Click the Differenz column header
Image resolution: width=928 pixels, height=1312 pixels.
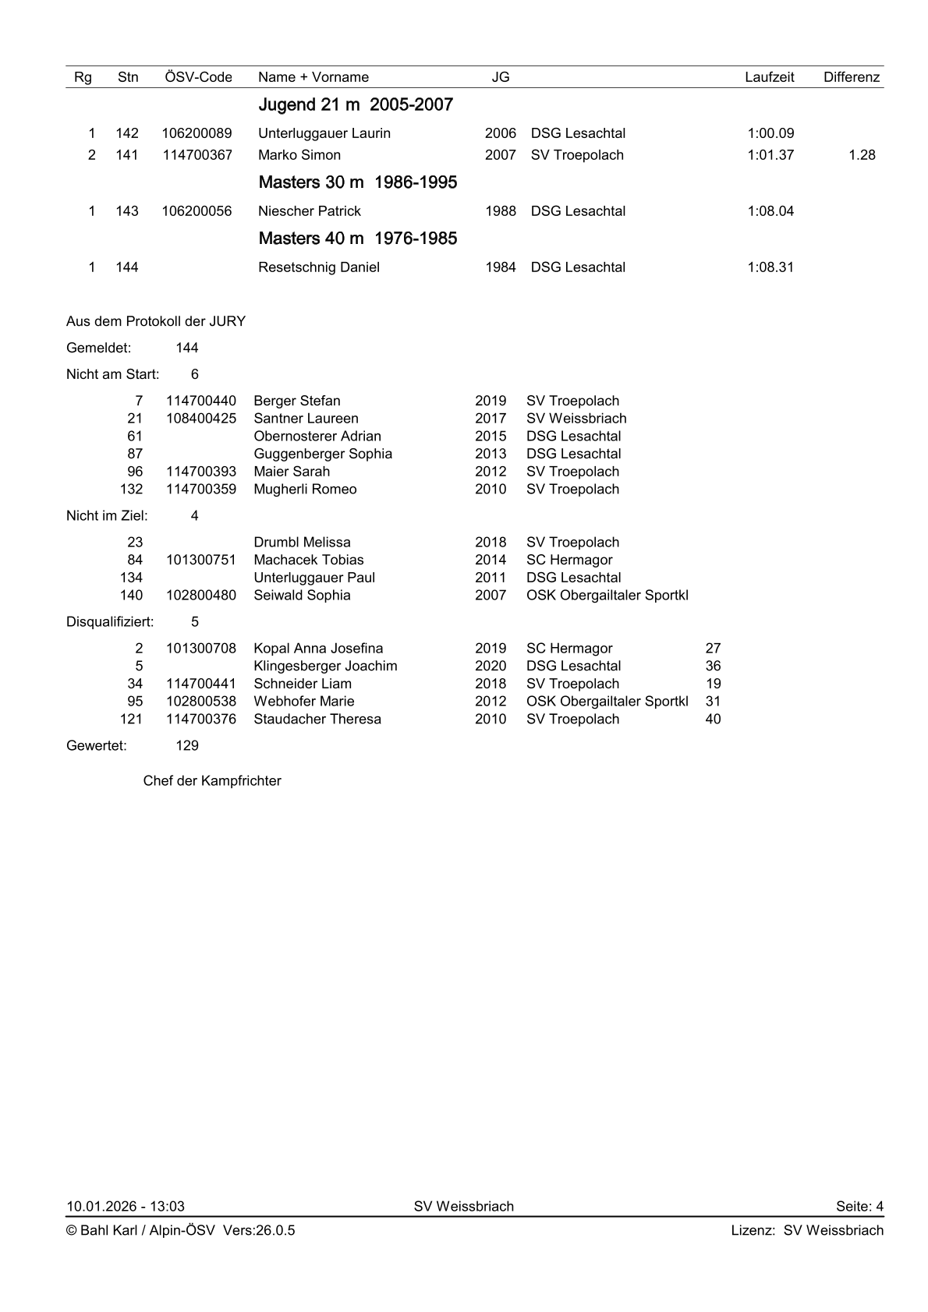click(x=851, y=77)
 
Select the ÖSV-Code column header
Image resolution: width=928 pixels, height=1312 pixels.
click(x=198, y=77)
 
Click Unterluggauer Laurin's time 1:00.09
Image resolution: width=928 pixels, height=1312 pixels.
click(x=770, y=133)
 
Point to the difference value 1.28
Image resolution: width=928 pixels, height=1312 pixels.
click(x=862, y=155)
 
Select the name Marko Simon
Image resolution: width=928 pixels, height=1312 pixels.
click(x=299, y=155)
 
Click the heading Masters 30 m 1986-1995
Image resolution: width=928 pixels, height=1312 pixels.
click(x=357, y=182)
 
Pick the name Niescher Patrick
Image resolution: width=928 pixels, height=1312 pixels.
click(x=309, y=211)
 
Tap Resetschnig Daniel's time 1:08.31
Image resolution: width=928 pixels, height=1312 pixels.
click(x=770, y=267)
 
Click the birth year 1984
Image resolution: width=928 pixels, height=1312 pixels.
click(x=500, y=267)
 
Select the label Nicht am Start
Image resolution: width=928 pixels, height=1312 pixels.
click(x=112, y=374)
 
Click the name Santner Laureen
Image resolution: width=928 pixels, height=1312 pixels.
click(x=306, y=419)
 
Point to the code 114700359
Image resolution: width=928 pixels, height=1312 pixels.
click(x=200, y=490)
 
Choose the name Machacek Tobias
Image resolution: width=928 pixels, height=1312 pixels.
click(x=308, y=560)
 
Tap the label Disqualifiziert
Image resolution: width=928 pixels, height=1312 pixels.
click(x=110, y=622)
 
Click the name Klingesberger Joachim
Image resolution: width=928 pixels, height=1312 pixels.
click(x=325, y=667)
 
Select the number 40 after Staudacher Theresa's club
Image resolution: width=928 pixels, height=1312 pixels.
click(x=713, y=720)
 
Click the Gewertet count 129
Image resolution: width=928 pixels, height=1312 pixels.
click(x=187, y=746)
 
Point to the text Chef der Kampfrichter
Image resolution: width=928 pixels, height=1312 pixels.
click(x=212, y=781)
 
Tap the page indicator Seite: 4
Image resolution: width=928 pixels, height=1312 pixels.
click(x=859, y=1207)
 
